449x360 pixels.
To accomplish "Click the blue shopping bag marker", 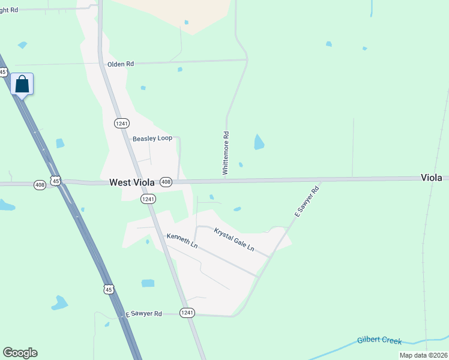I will (22, 85).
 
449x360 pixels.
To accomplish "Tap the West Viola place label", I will (132, 182).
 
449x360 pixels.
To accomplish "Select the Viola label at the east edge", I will (431, 178).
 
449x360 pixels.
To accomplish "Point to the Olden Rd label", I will (119, 64).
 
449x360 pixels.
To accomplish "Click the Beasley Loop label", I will (152, 138).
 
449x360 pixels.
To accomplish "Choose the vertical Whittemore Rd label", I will (226, 154).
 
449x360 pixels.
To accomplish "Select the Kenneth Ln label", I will (182, 241).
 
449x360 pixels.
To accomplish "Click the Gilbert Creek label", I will (379, 340).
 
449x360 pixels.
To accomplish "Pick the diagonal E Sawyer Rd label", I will (307, 201).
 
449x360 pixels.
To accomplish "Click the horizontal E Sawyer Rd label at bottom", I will (143, 314).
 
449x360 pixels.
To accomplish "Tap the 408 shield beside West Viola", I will (166, 182).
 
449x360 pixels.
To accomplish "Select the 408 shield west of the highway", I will (40, 185).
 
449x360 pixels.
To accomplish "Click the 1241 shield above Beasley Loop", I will (122, 122).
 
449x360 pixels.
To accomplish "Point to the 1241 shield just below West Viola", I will (148, 199).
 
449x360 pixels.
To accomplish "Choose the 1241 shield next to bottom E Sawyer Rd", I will (187, 313).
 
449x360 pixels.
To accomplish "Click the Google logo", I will (20, 353).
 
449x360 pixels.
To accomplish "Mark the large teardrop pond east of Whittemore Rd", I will (259, 142).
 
